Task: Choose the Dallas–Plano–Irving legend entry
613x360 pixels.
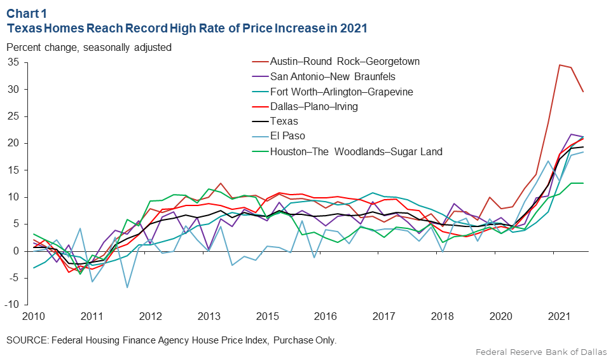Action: point(314,107)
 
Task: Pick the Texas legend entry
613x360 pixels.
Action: point(284,121)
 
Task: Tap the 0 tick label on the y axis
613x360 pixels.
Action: point(17,251)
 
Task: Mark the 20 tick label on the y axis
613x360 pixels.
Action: point(14,143)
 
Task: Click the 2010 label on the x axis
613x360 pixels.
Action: point(33,316)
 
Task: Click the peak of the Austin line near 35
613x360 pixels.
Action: point(559,65)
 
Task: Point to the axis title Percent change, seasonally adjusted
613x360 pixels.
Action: point(89,47)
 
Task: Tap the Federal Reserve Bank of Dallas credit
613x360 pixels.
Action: point(541,352)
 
